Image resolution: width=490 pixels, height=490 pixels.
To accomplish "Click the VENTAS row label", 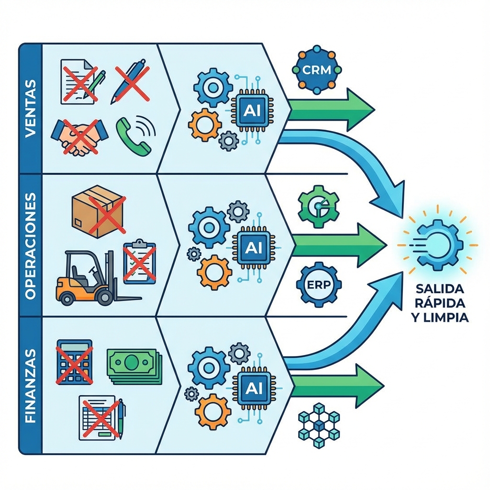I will (x=30, y=109).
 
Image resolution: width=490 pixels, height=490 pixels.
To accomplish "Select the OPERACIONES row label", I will (x=30, y=245).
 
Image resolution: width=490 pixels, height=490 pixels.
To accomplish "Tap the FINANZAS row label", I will (x=30, y=386).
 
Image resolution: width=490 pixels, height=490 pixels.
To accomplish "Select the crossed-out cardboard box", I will (x=98, y=211).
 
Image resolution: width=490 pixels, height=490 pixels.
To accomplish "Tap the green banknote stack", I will (x=134, y=366).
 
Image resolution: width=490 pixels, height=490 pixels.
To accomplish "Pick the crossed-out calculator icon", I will (x=74, y=362).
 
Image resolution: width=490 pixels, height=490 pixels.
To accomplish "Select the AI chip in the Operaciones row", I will (x=253, y=247).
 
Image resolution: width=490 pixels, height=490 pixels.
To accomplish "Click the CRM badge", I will (x=317, y=69).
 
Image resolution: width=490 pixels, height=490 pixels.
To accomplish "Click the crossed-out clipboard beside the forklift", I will (x=139, y=263).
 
